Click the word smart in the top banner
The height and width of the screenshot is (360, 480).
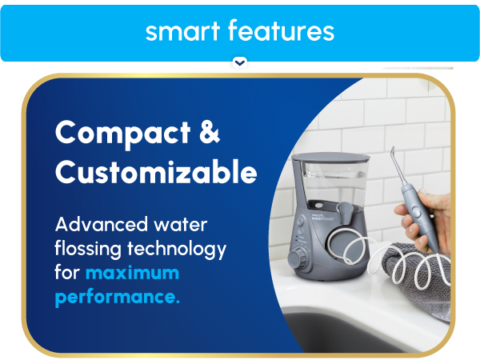tap(182, 31)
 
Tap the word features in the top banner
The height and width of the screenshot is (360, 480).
tap(281, 31)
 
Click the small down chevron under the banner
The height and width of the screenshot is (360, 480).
tap(239, 62)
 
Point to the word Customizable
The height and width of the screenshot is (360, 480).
tap(156, 172)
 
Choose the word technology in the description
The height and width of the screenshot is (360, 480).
tap(178, 249)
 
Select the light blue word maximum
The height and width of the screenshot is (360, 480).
tap(132, 274)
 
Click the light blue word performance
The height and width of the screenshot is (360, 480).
tap(117, 298)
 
